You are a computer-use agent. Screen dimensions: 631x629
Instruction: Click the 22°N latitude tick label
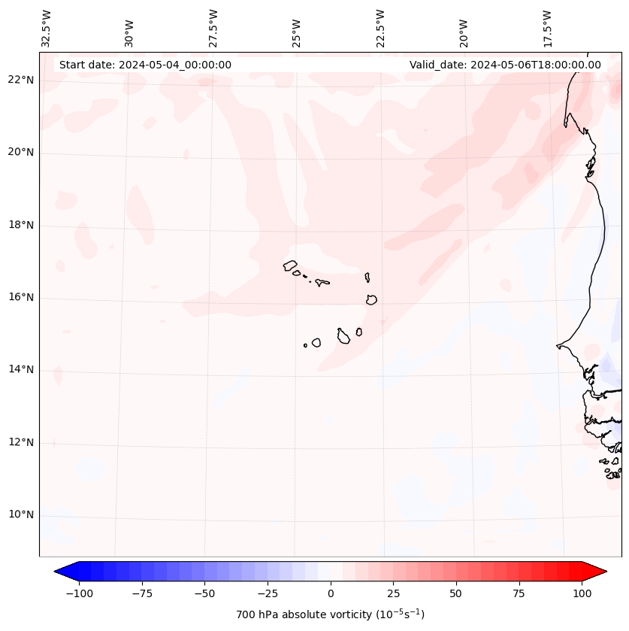tap(21, 80)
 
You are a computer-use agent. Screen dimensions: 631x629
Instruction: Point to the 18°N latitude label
tap(21, 225)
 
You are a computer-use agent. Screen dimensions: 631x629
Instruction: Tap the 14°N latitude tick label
tap(21, 369)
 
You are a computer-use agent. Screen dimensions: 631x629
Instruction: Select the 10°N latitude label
tap(21, 514)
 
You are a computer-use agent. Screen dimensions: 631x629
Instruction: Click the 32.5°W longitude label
tap(47, 28)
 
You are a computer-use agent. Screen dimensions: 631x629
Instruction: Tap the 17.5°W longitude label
tap(547, 28)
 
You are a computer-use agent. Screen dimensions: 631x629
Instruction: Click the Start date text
tap(145, 65)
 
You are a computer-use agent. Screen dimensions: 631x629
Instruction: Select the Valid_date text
tap(505, 65)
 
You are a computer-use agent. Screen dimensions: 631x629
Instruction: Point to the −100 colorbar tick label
tap(79, 593)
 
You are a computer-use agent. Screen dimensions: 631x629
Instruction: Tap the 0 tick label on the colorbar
tap(331, 593)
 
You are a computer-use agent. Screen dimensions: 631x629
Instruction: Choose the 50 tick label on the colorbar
tap(455, 593)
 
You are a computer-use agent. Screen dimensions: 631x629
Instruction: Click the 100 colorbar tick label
tap(581, 593)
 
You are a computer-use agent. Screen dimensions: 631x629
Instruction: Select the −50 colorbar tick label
tap(204, 593)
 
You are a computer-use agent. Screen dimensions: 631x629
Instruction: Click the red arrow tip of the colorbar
tap(601, 572)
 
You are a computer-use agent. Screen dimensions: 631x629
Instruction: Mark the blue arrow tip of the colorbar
tap(59, 572)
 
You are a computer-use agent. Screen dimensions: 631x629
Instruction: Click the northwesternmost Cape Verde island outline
tap(290, 265)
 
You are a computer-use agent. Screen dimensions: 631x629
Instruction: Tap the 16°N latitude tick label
tap(21, 297)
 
